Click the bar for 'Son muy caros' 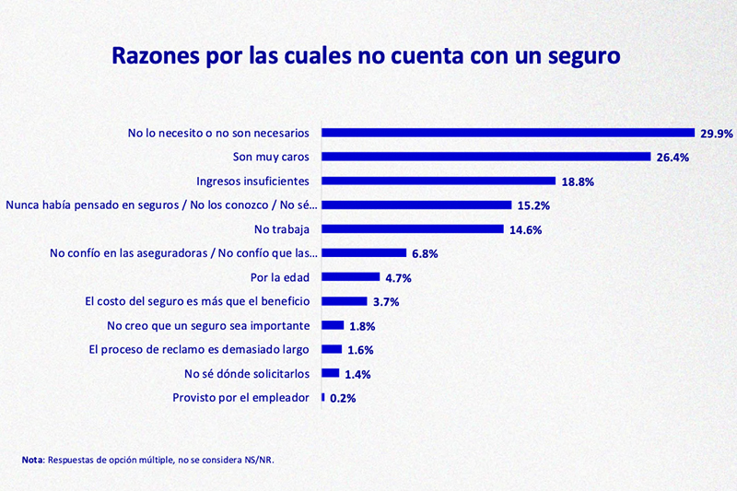coord(485,157)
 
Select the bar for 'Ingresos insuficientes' coord(438,181)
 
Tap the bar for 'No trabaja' coord(412,228)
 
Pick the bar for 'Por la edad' coord(350,276)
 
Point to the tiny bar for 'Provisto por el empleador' coord(322,397)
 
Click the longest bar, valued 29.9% coord(507,133)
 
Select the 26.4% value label coord(673,158)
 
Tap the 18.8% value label coord(577,181)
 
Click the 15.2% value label coord(532,205)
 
